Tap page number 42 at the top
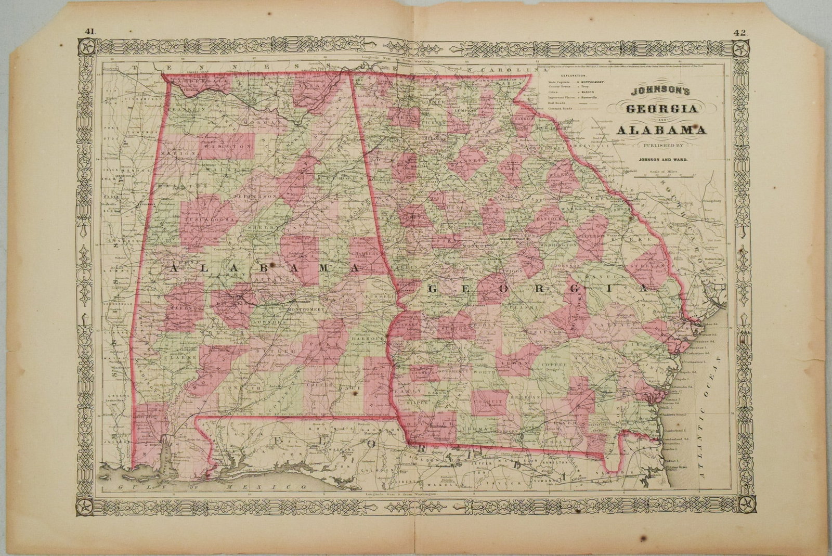[741, 32]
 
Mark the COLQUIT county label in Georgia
[489, 402]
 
